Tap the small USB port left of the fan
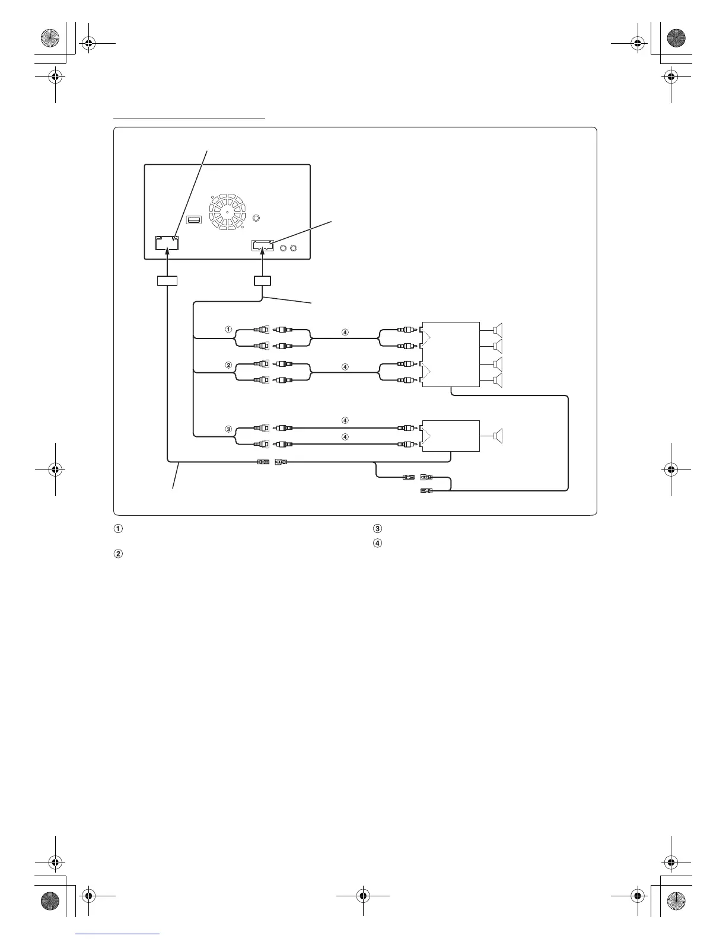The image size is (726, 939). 194,220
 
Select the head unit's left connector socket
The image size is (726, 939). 167,243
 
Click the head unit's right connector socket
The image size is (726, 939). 262,246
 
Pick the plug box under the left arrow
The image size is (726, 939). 167,281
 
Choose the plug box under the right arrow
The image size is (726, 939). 262,281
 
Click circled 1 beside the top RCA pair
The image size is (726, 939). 228,330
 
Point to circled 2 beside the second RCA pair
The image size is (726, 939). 228,365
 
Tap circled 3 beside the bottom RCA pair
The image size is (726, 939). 228,429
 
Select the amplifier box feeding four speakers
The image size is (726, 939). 450,354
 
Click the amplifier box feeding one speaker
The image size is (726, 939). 450,436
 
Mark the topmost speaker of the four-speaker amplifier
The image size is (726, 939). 498,330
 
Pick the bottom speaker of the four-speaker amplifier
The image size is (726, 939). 498,380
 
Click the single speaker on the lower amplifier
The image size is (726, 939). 498,436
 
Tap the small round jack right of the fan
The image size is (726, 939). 256,218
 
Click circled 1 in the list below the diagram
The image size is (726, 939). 118,529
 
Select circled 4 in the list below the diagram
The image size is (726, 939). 378,542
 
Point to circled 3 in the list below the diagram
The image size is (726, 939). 378,529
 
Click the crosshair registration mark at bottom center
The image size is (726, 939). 363,896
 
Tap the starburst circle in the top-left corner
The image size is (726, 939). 50,39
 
